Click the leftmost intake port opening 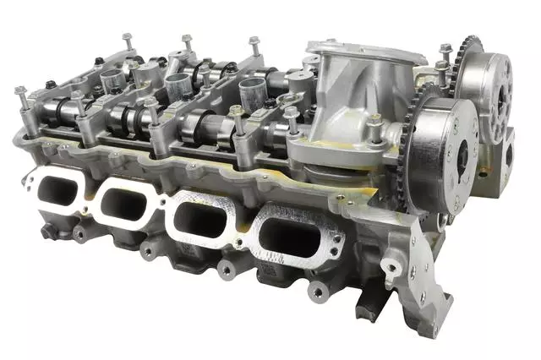click(57, 189)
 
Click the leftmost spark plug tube click(112, 81)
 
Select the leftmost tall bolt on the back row click(127, 39)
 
